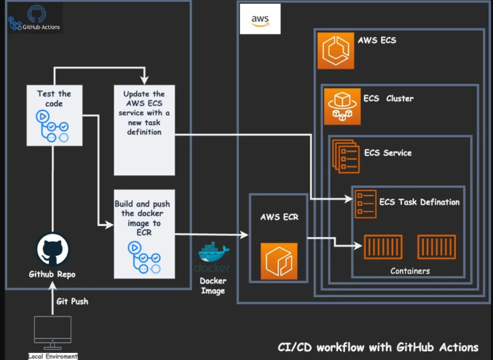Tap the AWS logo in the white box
260,20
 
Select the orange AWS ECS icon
335,50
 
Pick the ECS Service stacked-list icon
345,156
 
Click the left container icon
382,246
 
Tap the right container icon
436,246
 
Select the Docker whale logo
213,254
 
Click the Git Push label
71,301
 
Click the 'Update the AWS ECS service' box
144,130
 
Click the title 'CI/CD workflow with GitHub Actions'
378,347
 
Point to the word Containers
410,271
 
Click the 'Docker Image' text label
213,286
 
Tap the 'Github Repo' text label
52,274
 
